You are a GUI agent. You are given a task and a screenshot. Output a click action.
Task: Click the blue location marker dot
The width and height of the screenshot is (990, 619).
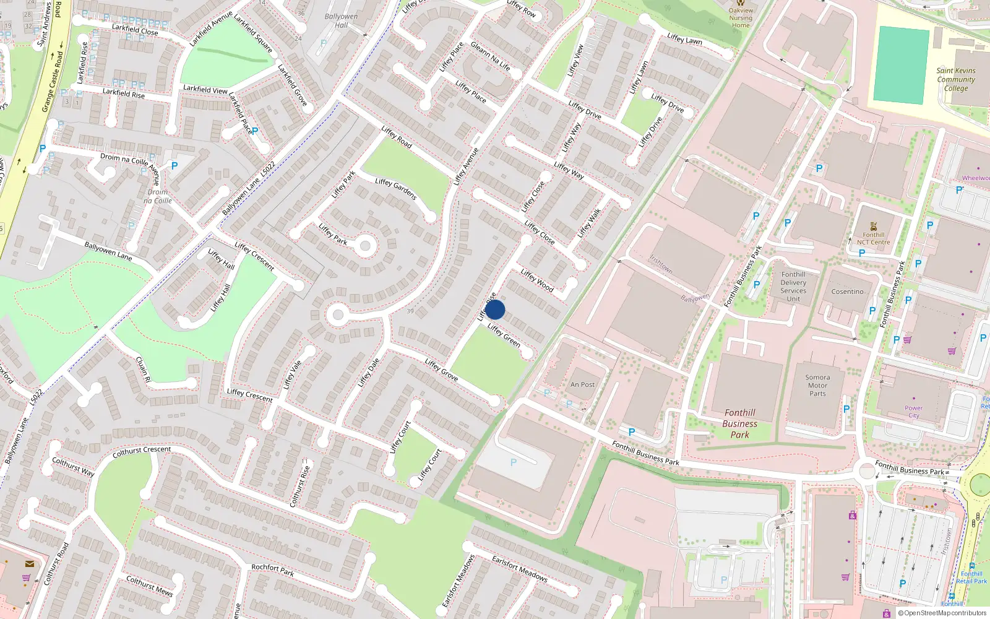point(495,309)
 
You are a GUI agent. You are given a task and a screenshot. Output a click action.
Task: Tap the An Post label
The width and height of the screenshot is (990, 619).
point(582,384)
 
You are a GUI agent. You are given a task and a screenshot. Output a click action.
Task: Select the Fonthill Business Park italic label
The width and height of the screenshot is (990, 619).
point(739,423)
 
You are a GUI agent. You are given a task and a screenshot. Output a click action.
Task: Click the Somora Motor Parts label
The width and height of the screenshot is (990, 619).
point(817,385)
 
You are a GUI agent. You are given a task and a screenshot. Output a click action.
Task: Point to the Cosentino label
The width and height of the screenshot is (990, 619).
point(847,292)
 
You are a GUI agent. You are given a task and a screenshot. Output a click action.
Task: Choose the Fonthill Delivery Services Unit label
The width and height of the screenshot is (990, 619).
point(793,287)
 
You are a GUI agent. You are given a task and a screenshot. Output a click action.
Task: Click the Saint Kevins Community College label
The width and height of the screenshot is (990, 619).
point(956,79)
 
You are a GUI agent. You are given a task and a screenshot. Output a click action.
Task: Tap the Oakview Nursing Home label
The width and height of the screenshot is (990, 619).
point(741,17)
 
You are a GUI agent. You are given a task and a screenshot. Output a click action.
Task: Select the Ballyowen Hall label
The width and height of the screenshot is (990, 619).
point(341,20)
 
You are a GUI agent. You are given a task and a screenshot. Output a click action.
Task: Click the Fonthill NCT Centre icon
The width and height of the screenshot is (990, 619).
point(873,227)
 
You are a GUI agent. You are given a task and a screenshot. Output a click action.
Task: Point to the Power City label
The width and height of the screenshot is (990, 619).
point(913,412)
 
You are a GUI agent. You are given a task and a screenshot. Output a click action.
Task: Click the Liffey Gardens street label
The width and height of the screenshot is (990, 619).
point(396,188)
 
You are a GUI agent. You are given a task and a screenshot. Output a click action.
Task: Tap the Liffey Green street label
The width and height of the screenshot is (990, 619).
point(504,335)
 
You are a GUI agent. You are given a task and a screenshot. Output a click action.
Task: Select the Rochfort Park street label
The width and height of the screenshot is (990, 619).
point(272,570)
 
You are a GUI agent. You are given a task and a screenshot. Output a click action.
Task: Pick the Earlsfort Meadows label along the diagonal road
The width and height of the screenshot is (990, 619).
point(520,569)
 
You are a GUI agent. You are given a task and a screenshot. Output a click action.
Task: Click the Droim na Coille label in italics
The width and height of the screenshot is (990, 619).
point(158,196)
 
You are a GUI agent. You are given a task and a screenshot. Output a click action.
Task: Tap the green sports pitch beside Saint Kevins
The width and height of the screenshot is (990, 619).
point(902,65)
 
